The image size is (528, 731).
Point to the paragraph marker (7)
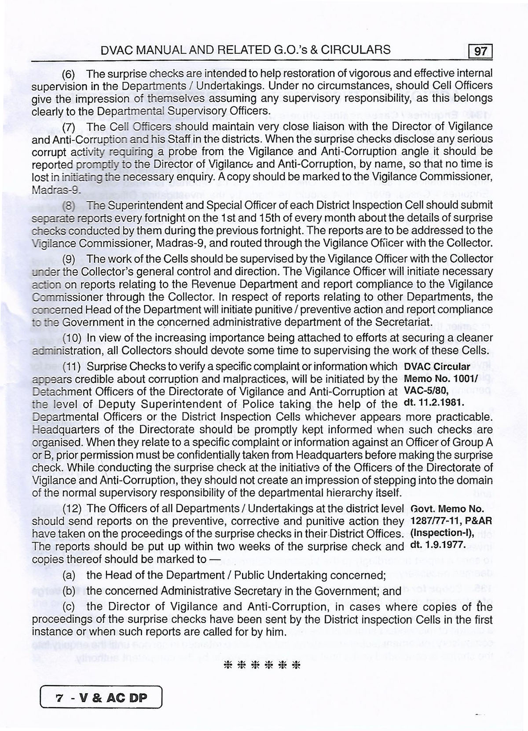click(70, 127)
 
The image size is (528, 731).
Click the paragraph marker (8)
click(70, 206)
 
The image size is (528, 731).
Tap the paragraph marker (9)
click(70, 258)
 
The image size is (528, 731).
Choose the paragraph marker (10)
click(72, 338)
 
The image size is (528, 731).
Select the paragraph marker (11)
click(72, 367)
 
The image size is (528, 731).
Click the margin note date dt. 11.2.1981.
click(434, 403)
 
